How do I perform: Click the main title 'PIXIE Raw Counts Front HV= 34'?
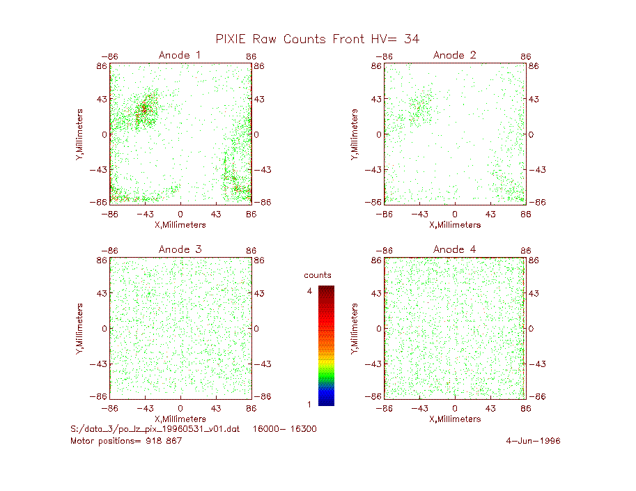tap(317, 39)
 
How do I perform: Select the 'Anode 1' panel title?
tap(180, 55)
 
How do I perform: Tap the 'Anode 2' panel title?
tap(454, 55)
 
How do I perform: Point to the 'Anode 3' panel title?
tap(180, 249)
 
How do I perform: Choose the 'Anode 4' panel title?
tap(454, 249)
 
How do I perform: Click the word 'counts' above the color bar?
tap(318, 275)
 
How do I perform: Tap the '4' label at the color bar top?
tap(309, 290)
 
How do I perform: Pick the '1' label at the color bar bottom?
tap(309, 404)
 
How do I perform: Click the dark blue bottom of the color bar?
tap(326, 399)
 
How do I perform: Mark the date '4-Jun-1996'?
tap(533, 441)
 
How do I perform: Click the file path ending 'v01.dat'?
tap(155, 429)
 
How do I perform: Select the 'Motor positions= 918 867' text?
tap(126, 441)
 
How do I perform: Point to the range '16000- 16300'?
tap(284, 429)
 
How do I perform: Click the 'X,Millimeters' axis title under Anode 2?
tap(455, 225)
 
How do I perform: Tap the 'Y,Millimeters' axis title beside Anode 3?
tap(79, 329)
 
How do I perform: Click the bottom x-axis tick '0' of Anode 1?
tap(180, 214)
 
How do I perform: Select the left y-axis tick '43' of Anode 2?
tap(376, 99)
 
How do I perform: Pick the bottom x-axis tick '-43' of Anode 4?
tap(419, 408)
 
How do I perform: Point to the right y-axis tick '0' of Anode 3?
tap(256, 329)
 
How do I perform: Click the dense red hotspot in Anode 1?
tap(144, 109)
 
